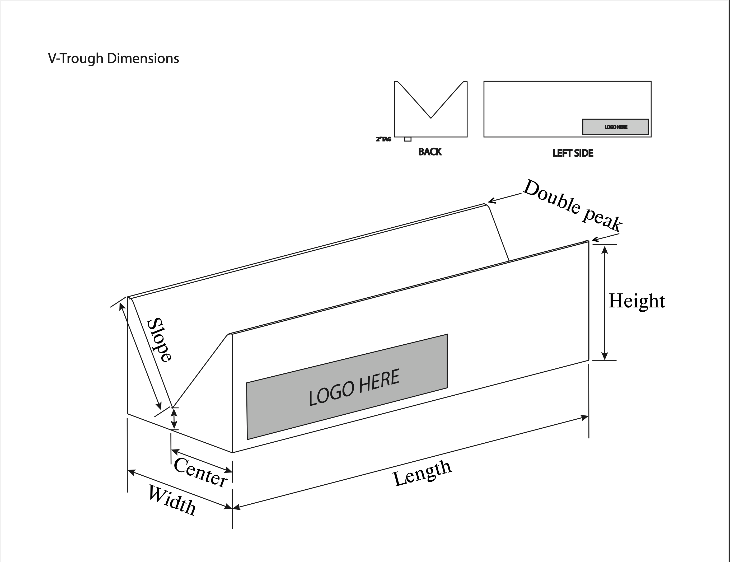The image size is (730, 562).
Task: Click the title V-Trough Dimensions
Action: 114,59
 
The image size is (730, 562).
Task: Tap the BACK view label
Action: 430,152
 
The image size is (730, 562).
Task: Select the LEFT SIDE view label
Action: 573,153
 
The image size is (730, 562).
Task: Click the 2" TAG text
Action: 383,139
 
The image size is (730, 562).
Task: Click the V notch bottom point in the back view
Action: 431,118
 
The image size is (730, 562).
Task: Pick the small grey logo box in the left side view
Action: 615,127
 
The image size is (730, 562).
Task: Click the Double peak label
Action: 572,206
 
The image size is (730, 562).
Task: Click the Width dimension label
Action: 172,500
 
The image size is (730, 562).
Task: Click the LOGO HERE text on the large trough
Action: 354,387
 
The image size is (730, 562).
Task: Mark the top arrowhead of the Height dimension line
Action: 605,249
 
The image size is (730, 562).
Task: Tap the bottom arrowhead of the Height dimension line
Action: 605,355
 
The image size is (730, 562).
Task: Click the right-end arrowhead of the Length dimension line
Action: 584,418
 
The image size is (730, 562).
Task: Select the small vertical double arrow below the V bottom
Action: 174,419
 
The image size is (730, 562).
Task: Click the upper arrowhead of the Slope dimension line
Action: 122,306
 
